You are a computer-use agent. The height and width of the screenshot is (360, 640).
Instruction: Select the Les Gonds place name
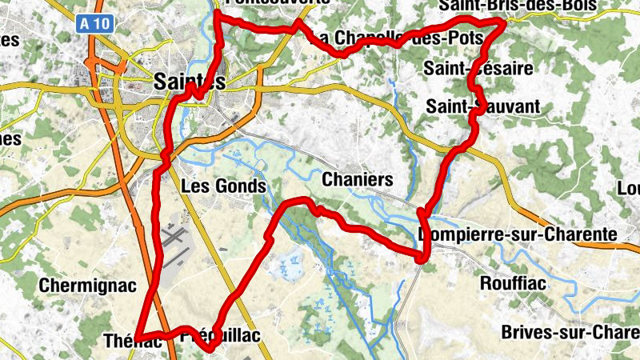coord(223,186)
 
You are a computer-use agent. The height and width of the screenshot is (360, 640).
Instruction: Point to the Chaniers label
coord(357,180)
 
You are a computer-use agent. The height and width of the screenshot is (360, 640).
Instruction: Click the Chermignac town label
coord(88,285)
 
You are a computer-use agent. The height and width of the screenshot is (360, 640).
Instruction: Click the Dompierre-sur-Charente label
coord(518,234)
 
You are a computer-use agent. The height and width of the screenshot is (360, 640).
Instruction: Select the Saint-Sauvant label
coord(482,106)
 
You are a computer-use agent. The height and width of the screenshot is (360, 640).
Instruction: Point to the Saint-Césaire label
coord(478,69)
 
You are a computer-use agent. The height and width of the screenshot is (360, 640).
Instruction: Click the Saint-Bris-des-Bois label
coord(518,6)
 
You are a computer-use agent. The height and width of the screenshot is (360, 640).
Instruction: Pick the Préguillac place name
coord(222,337)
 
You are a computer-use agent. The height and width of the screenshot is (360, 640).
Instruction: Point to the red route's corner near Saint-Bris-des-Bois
coord(503,25)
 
